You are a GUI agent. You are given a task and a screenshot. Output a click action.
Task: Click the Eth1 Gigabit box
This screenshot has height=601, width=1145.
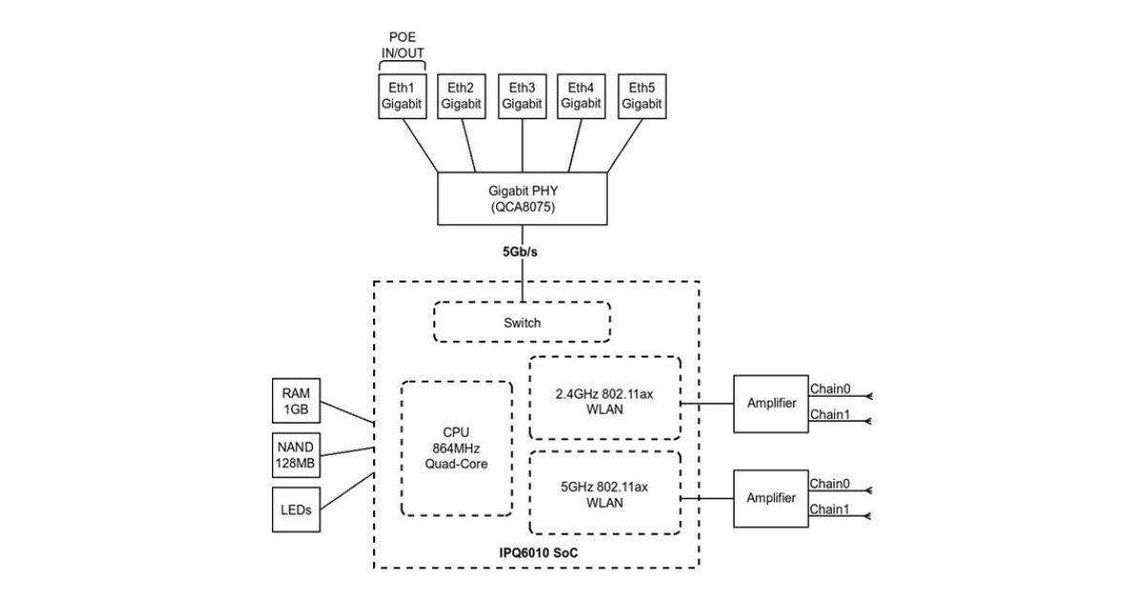(x=401, y=95)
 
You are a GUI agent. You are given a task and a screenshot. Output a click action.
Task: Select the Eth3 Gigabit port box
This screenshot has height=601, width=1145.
(x=522, y=95)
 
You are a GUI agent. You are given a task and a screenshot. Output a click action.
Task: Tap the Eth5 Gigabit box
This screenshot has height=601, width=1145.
(x=642, y=95)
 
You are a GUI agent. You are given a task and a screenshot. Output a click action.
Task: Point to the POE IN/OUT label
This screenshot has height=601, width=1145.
(x=402, y=45)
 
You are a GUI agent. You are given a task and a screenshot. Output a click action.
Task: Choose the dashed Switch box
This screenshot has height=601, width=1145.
(x=522, y=322)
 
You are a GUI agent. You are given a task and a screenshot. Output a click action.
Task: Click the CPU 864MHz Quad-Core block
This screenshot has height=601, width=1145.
(x=456, y=447)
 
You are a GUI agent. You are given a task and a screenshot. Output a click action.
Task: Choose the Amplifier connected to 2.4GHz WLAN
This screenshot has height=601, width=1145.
(x=771, y=404)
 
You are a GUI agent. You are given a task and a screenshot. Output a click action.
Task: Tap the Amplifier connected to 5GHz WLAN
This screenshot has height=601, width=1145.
(x=771, y=497)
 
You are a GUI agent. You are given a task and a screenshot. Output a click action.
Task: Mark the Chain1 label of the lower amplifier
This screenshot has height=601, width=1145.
(x=829, y=508)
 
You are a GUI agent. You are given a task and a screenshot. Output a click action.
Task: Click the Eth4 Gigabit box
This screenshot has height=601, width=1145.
(x=581, y=95)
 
